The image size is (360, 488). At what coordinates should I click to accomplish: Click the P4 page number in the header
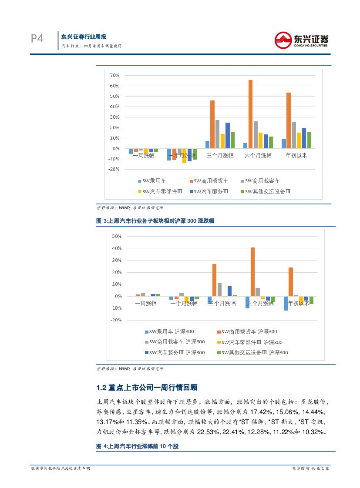click(37, 39)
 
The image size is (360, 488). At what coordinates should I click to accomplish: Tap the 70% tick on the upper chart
click(114, 75)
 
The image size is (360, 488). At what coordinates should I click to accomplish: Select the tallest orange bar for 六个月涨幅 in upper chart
click(250, 114)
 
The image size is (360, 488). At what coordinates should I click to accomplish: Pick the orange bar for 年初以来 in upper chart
click(289, 120)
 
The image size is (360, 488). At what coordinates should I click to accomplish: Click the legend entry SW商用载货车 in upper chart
click(211, 180)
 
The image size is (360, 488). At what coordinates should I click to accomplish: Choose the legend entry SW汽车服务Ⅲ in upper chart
click(211, 191)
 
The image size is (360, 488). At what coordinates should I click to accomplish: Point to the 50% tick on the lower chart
click(116, 236)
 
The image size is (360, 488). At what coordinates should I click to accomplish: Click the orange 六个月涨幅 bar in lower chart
click(252, 272)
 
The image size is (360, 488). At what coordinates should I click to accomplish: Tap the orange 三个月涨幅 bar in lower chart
click(214, 280)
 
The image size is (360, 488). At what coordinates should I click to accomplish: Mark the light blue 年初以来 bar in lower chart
click(286, 303)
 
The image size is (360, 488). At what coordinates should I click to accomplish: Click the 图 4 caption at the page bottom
click(138, 447)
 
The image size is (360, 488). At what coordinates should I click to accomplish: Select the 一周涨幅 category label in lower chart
click(145, 303)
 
